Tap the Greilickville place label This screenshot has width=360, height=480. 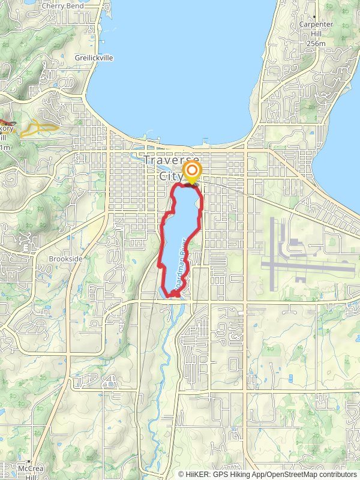(93, 58)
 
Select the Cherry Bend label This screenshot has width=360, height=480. (62, 6)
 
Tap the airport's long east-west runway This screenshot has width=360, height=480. (309, 268)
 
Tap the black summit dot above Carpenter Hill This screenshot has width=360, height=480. (314, 16)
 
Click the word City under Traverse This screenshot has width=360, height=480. (170, 176)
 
